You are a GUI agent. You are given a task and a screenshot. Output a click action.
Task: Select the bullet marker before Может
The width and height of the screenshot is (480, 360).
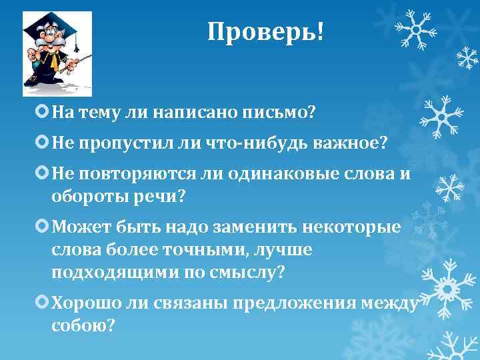43,227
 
